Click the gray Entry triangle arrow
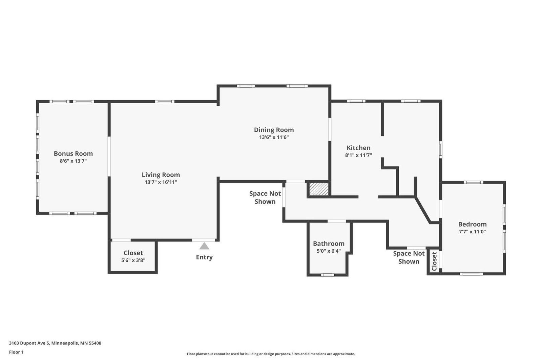point(204,246)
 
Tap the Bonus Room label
point(73,154)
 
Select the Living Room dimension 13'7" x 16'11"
point(161,182)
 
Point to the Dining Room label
point(274,130)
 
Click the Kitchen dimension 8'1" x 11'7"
point(358,155)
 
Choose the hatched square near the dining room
point(319,189)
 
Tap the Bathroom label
point(329,243)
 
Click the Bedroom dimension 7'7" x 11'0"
point(472,232)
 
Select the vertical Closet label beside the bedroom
point(434,261)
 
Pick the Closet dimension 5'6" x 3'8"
point(133,260)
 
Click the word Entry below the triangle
point(204,257)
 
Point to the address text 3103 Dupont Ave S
point(29,343)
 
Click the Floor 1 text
point(16,352)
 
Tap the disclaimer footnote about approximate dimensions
point(271,354)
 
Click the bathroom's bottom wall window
point(328,275)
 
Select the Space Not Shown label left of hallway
point(265,197)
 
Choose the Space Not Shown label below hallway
point(409,257)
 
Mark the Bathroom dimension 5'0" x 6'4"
point(329,251)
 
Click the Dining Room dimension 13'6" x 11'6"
point(274,137)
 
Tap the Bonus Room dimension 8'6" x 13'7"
point(73,161)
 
